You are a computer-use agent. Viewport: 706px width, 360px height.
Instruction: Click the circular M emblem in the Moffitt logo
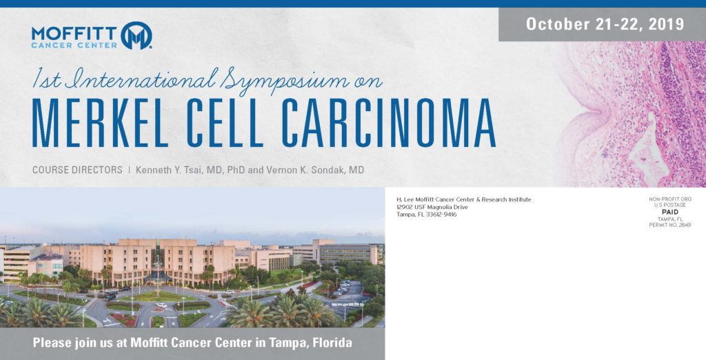[x=137, y=35]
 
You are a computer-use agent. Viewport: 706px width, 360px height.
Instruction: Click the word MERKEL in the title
[x=100, y=123]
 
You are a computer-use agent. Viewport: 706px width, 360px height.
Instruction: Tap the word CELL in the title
[x=225, y=123]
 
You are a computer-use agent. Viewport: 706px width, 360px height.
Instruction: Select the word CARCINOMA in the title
[x=389, y=123]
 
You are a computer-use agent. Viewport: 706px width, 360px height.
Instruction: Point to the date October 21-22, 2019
[x=605, y=24]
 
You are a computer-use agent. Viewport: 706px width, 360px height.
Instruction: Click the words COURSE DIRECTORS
[x=77, y=170]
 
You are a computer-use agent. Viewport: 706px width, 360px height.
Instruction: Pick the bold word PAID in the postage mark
[x=670, y=212]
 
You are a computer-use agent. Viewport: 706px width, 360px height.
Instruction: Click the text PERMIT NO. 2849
[x=670, y=225]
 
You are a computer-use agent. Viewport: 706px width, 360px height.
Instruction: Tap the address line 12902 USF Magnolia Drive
[x=432, y=208]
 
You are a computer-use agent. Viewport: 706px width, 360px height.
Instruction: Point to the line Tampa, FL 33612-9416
[x=426, y=214]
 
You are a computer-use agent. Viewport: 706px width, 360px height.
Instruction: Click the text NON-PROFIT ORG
[x=670, y=199]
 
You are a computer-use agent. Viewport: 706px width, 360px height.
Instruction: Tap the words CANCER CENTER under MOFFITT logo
[x=74, y=45]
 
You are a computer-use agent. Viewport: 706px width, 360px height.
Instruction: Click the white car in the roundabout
[x=159, y=305]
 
